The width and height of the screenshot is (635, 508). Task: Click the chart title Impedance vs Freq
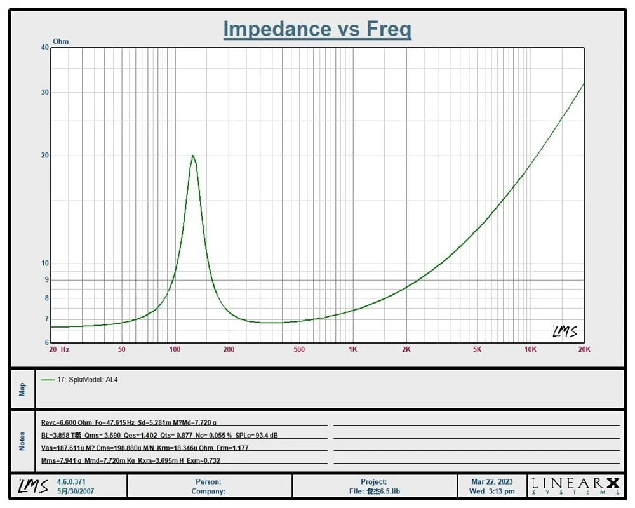pyautogui.click(x=317, y=29)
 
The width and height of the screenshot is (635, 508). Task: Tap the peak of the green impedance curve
pyautogui.click(x=192, y=156)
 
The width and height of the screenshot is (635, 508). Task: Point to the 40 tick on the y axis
pyautogui.click(x=44, y=48)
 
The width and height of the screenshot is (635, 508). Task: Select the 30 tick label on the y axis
pyautogui.click(x=44, y=93)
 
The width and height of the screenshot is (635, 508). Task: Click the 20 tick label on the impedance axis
pyautogui.click(x=44, y=156)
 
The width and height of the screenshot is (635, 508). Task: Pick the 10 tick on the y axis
pyautogui.click(x=44, y=264)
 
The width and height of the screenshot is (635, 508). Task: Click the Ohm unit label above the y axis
pyautogui.click(x=61, y=41)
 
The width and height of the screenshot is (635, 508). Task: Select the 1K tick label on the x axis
pyautogui.click(x=352, y=349)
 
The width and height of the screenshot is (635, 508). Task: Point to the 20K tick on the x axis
pyautogui.click(x=584, y=349)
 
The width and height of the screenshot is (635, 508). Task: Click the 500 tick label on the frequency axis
pyautogui.click(x=299, y=349)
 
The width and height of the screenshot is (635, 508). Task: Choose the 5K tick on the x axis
pyautogui.click(x=478, y=349)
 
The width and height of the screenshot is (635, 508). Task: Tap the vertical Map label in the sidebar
pyautogui.click(x=23, y=389)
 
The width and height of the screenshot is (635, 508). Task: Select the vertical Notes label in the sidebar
pyautogui.click(x=23, y=441)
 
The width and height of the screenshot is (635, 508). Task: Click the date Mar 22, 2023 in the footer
pyautogui.click(x=492, y=482)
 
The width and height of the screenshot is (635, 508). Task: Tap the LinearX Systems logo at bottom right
pyautogui.click(x=575, y=486)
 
